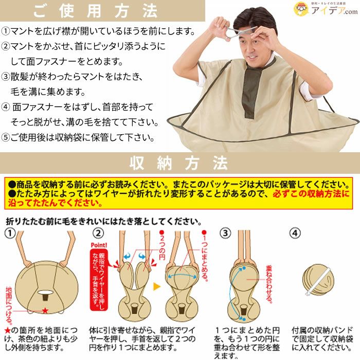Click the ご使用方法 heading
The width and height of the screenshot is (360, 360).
[96, 11]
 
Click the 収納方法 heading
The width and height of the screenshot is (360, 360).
[179, 163]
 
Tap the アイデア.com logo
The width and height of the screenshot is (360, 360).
[326, 9]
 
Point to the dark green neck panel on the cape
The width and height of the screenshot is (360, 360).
[252, 92]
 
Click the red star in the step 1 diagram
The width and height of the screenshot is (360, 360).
[45, 311]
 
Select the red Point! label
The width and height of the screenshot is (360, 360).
[99, 245]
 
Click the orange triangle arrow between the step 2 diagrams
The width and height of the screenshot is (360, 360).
[156, 286]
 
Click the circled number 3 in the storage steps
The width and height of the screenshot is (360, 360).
[225, 233]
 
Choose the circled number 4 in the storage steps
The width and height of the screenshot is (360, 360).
[295, 233]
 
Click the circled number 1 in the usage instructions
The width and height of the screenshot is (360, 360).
[5, 31]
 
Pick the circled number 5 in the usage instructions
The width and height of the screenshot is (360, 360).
[5, 137]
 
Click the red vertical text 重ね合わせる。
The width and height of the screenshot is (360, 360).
[269, 284]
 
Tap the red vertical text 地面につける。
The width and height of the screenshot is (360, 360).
[9, 305]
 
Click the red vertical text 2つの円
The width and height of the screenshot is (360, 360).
[162, 245]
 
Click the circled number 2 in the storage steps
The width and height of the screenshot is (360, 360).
[98, 233]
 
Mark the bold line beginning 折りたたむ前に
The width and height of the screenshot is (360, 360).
[104, 221]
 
